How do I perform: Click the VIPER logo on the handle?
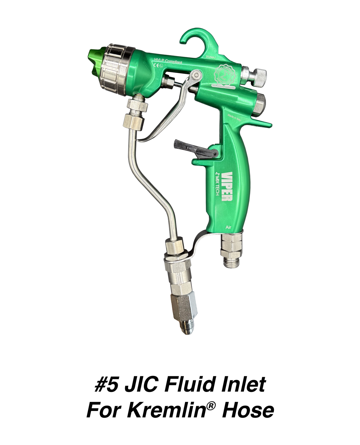pyautogui.click(x=227, y=186)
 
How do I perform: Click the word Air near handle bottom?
pyautogui.click(x=228, y=227)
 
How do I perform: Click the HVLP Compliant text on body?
pyautogui.click(x=168, y=61)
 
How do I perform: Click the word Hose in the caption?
pyautogui.click(x=248, y=410)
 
